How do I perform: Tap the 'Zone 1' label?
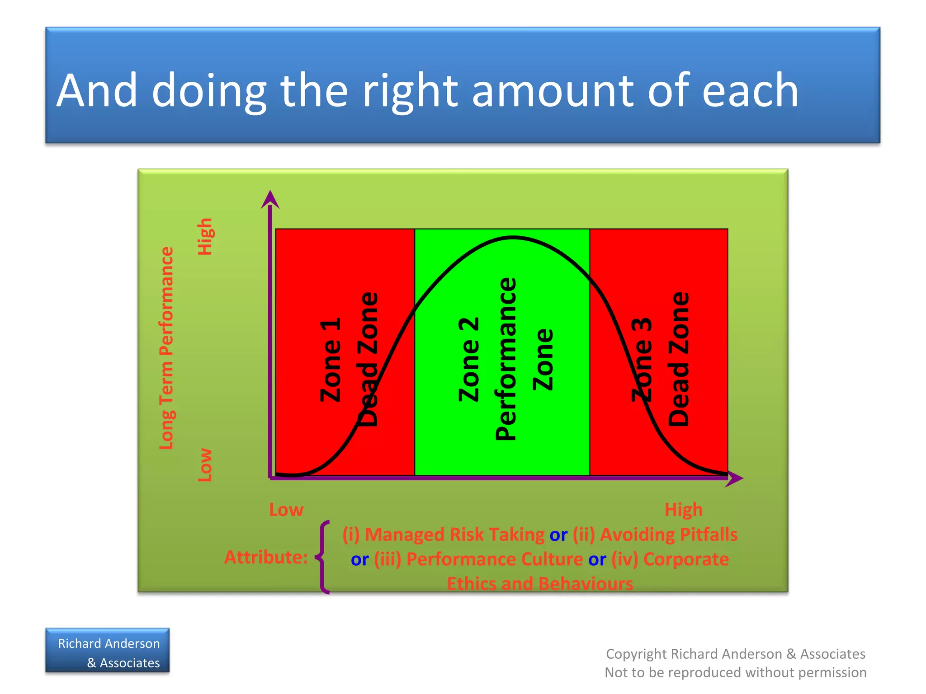tap(331, 360)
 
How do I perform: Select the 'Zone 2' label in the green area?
tap(469, 360)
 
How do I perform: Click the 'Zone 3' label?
tap(642, 360)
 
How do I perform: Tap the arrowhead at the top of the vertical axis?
tap(270, 199)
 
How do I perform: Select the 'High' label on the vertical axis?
tap(205, 237)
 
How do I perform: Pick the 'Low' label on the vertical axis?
tap(205, 465)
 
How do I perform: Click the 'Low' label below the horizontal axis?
tap(286, 510)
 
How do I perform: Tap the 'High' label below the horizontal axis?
tap(683, 510)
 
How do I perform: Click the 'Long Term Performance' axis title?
tap(166, 348)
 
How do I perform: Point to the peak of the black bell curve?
tap(512, 237)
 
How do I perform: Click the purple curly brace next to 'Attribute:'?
tap(323, 557)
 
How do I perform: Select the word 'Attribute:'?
tap(266, 557)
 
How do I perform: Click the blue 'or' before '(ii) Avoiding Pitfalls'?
tap(558, 535)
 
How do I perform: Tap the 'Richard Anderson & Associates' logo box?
tap(108, 651)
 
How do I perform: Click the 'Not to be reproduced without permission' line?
tap(735, 673)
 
